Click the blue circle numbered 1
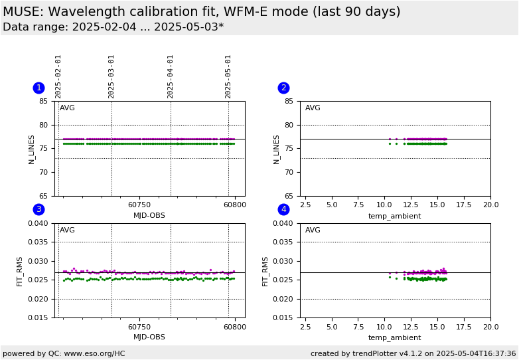click(38, 88)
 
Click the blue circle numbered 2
click(283, 88)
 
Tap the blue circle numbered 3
click(38, 209)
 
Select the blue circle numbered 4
click(283, 209)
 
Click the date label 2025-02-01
click(58, 76)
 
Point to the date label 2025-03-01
click(111, 76)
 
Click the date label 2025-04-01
click(171, 76)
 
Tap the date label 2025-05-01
click(228, 76)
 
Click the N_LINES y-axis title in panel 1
click(31, 149)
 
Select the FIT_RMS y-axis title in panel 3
click(20, 271)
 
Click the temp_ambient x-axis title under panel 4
click(395, 337)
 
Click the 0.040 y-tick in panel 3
click(38, 224)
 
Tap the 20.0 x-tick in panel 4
click(490, 327)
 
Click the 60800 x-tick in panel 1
click(234, 206)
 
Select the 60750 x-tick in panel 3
click(139, 327)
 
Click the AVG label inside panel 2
click(313, 108)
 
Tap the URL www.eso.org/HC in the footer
click(94, 353)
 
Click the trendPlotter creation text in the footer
click(413, 353)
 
